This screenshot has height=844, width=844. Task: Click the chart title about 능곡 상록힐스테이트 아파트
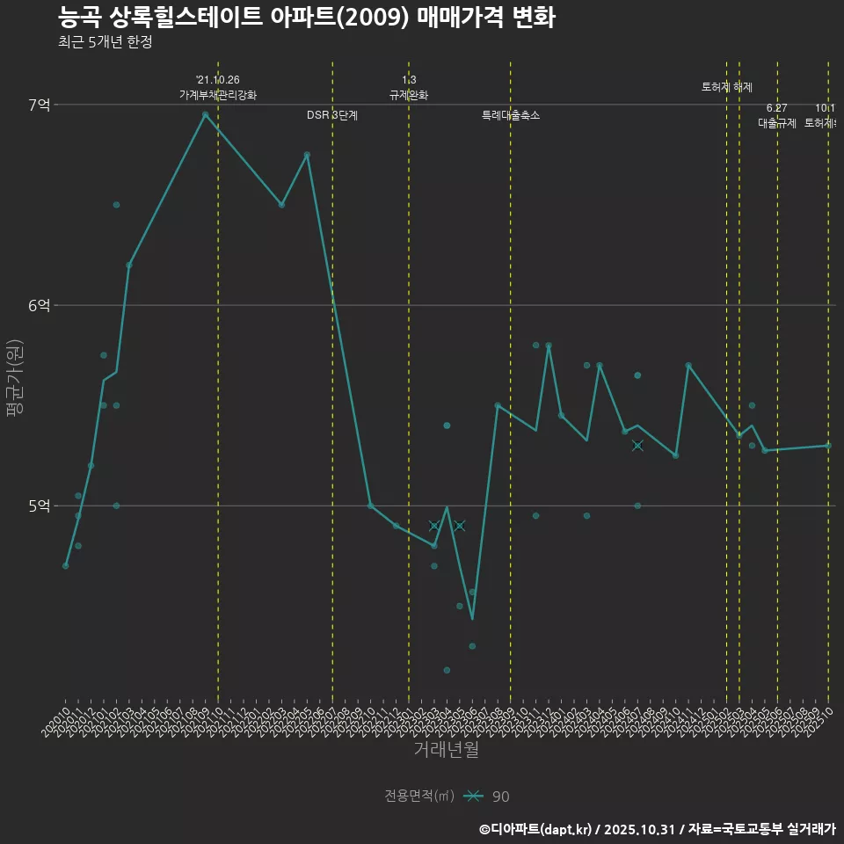306,18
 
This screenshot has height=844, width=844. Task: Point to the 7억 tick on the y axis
40,105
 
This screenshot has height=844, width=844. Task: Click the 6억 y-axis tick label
40,306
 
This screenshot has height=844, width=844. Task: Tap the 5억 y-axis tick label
40,506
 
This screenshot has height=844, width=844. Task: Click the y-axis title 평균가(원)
16,380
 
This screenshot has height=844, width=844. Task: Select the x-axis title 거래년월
446,750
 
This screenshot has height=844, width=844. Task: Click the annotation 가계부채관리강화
218,95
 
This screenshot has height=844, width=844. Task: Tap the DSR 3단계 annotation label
332,115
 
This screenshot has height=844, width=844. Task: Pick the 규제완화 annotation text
409,95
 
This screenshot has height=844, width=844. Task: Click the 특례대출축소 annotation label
511,115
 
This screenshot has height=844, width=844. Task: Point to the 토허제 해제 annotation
727,87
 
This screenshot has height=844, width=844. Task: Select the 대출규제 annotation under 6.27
777,123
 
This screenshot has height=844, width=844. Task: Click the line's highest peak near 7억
205,114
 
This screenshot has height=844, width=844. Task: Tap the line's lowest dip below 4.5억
472,619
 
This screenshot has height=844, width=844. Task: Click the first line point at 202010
65,565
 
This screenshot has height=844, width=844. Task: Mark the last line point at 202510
828,446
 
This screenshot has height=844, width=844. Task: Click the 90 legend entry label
500,797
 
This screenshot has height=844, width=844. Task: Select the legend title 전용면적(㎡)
418,797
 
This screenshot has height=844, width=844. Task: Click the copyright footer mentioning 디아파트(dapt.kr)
657,829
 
